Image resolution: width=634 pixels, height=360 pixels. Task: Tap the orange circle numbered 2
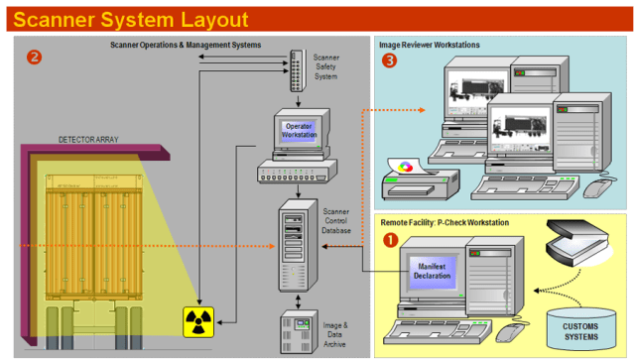point(35,57)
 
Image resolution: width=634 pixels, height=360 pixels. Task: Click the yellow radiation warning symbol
point(198,320)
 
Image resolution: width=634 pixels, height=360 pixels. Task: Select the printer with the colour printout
point(418,180)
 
